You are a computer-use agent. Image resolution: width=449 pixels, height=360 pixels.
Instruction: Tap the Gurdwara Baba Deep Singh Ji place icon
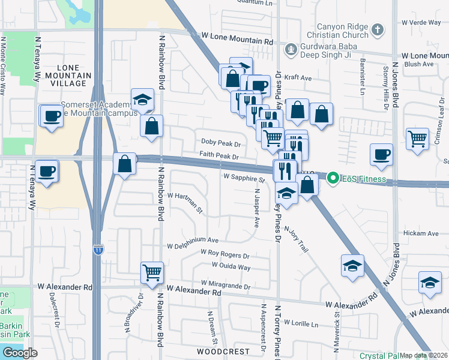pyautogui.click(x=291, y=49)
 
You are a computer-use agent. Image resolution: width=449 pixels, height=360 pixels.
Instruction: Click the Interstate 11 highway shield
pyautogui.click(x=97, y=248)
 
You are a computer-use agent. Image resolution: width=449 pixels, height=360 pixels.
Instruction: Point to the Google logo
pyautogui.click(x=20, y=353)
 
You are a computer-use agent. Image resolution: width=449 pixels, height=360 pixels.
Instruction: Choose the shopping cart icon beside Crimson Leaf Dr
pyautogui.click(x=417, y=138)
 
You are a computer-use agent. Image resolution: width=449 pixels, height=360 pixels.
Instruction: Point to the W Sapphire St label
pyautogui.click(x=244, y=179)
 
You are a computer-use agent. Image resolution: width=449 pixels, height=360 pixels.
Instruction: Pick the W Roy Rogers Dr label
pyautogui.click(x=224, y=254)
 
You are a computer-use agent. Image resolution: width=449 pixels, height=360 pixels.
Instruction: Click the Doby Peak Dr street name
pyautogui.click(x=220, y=145)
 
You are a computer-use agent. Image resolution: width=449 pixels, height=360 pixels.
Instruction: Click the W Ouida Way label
pyautogui.click(x=231, y=266)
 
